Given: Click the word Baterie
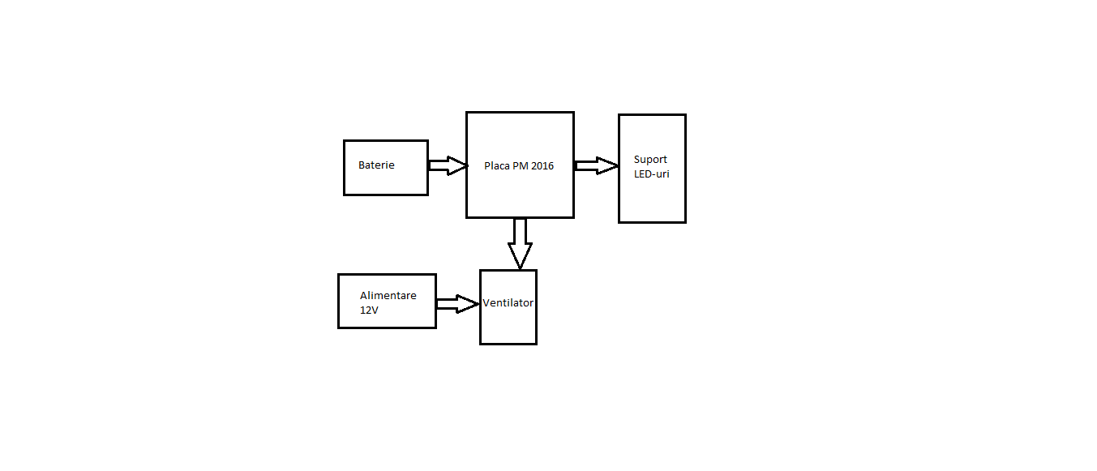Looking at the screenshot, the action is click(x=376, y=165).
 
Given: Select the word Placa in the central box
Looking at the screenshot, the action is click(x=496, y=166).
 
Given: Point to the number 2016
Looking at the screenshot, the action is click(x=542, y=166).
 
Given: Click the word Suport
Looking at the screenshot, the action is click(x=650, y=160).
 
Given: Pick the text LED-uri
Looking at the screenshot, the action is click(x=651, y=173).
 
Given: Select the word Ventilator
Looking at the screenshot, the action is click(x=508, y=303).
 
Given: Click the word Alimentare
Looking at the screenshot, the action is click(x=388, y=295).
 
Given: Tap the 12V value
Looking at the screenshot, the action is click(x=369, y=310).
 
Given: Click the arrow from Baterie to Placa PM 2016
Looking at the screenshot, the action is click(x=448, y=165).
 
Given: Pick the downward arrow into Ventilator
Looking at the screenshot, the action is click(x=520, y=243).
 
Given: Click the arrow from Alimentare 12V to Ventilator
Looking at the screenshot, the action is click(x=458, y=304).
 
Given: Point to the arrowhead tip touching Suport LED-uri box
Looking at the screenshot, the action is click(x=619, y=165).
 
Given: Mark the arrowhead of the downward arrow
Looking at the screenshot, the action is click(x=520, y=256).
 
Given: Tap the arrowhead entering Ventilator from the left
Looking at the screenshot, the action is click(x=468, y=304).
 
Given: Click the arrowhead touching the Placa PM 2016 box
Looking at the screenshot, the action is click(x=458, y=165).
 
